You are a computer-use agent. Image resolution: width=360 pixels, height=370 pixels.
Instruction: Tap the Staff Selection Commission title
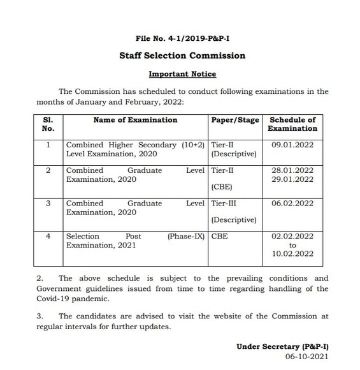(x=182, y=56)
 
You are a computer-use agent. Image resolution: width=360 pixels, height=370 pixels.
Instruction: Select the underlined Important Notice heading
(x=182, y=74)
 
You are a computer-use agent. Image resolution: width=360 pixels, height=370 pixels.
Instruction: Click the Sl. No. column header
(x=48, y=124)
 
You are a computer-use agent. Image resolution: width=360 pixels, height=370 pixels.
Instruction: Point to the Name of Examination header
(x=135, y=119)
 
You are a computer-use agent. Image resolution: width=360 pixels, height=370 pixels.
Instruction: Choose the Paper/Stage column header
(x=234, y=119)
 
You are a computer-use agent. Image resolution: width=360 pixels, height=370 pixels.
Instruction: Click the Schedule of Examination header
(x=292, y=124)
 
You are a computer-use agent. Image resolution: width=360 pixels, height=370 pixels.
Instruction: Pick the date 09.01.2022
(x=292, y=145)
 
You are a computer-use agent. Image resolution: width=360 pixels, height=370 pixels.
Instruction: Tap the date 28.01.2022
(x=292, y=170)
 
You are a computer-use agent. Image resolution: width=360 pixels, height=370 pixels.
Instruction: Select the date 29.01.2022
(x=292, y=179)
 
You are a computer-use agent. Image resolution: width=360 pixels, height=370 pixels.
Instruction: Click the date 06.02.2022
(x=292, y=204)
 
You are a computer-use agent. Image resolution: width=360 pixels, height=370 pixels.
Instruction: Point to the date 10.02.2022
(x=292, y=253)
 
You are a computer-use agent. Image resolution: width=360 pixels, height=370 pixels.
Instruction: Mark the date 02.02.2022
(x=292, y=236)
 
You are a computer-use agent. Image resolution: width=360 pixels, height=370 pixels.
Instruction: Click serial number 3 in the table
(x=48, y=204)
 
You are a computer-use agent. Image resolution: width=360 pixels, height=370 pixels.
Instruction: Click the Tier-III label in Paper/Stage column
(x=224, y=204)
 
